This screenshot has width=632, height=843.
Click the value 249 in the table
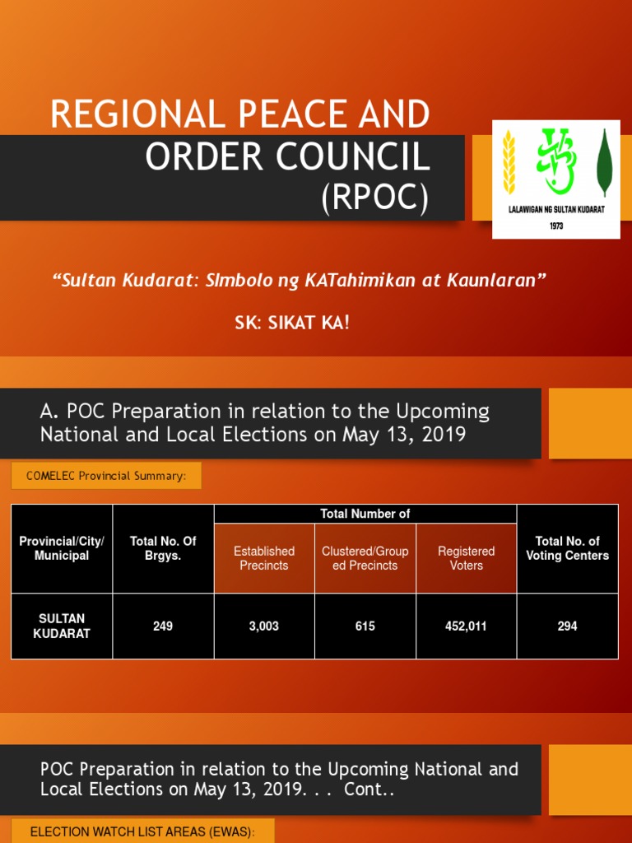coord(163,626)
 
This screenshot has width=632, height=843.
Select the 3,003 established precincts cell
coord(264,626)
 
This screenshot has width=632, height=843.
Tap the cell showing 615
coord(365,626)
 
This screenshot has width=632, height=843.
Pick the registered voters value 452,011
coord(466,626)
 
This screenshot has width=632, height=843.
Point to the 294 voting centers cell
coord(567,626)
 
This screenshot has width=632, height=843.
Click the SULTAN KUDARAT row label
coord(62,626)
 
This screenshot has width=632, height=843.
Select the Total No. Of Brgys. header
coord(163,548)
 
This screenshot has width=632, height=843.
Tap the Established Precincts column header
coord(264,558)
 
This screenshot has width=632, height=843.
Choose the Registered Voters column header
coord(466,558)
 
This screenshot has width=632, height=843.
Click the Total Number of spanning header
coord(365,515)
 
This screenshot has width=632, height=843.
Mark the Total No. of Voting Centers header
coord(567,548)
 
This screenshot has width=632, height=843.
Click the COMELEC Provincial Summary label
coord(105,476)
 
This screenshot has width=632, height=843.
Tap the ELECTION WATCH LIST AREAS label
coord(142,832)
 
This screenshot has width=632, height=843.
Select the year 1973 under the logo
coord(556,226)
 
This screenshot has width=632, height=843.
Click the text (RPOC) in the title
coord(374,199)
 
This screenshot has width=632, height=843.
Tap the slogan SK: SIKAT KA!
coord(292,323)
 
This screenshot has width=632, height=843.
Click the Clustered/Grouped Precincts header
coord(365,558)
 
